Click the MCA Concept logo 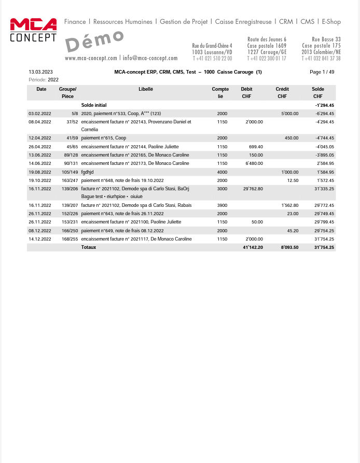(x=34, y=30)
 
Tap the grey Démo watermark (x=95, y=41)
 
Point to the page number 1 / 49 (x=322, y=72)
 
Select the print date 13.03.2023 (x=40, y=72)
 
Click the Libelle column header (x=146, y=89)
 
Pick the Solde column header (x=317, y=89)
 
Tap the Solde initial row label (x=94, y=105)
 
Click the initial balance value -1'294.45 (x=324, y=105)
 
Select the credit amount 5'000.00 (x=289, y=114)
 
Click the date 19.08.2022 (x=40, y=172)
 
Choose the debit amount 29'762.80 (x=253, y=188)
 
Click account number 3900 (x=222, y=205)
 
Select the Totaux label (x=89, y=247)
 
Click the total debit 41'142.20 (x=253, y=247)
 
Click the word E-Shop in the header (x=331, y=22)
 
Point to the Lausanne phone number (x=212, y=59)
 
